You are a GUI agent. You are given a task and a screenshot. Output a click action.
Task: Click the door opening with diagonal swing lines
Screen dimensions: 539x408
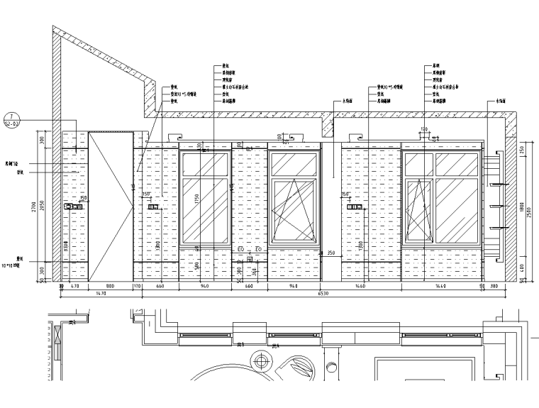(x=110, y=206)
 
